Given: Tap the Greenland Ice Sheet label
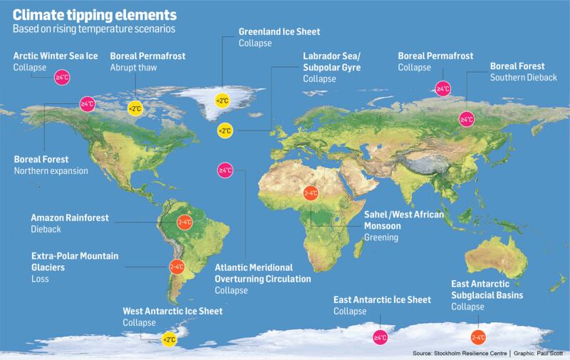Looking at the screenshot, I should pyautogui.click(x=279, y=32).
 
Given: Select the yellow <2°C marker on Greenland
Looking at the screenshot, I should pyautogui.click(x=223, y=101).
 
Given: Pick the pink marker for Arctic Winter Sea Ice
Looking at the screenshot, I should pyautogui.click(x=62, y=77).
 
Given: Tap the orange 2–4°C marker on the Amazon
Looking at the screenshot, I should pyautogui.click(x=185, y=222).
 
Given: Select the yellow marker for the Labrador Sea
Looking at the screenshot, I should pyautogui.click(x=225, y=130).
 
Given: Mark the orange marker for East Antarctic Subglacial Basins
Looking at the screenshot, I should pyautogui.click(x=479, y=336).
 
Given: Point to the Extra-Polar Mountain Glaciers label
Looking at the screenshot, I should pyautogui.click(x=75, y=261).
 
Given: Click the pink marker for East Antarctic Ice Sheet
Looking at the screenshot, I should pyautogui.click(x=380, y=336).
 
